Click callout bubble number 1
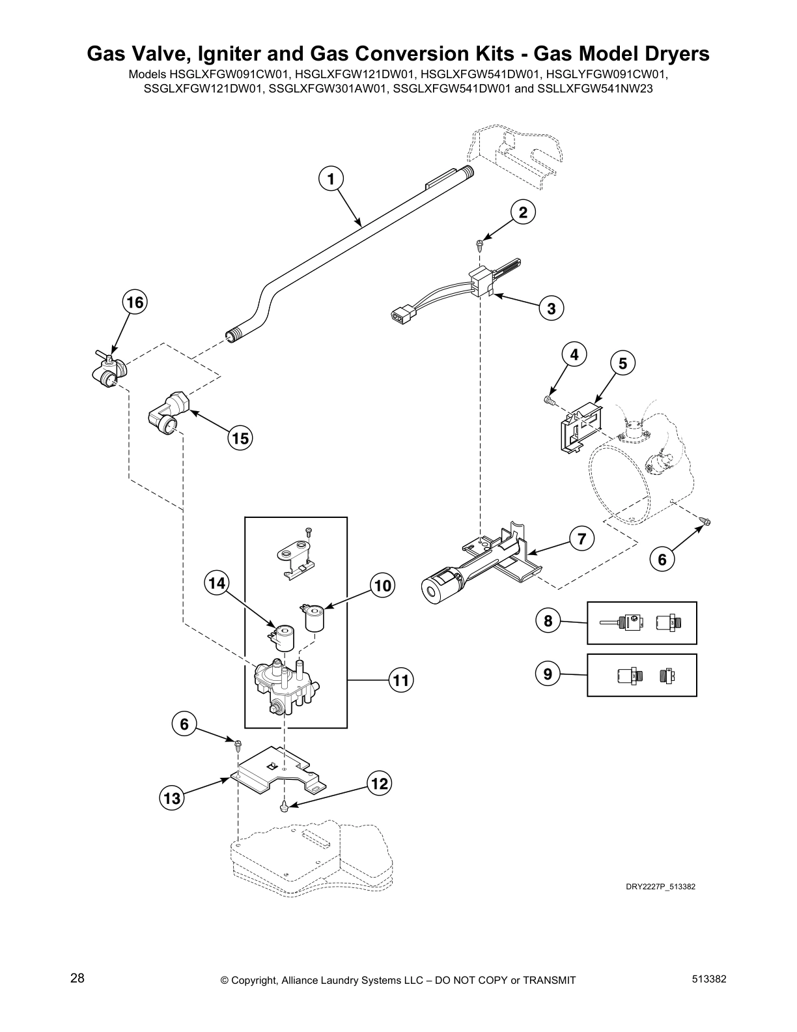331,178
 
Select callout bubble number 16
135,302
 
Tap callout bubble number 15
240,438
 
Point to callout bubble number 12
380,784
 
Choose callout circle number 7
582,539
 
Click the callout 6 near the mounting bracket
185,724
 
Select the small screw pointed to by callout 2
480,244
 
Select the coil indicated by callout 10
315,616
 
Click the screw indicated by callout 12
285,807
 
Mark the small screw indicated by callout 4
550,400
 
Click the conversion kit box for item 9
641,675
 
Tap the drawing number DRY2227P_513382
660,886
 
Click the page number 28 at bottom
77,979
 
